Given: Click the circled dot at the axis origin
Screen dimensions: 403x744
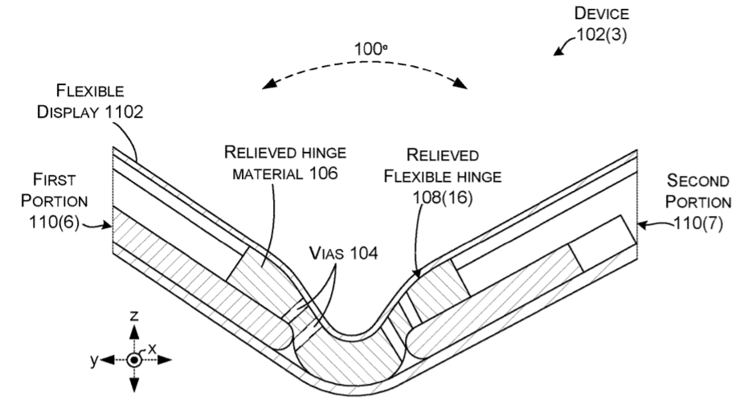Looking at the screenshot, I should [133, 360].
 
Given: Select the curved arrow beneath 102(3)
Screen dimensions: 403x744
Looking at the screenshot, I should [563, 50].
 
